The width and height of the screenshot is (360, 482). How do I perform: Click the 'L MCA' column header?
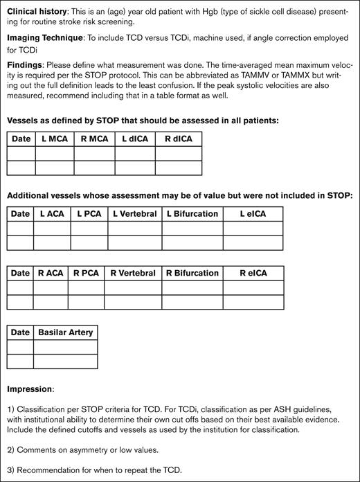tap(55, 139)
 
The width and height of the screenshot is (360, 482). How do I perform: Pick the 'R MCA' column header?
tap(94, 139)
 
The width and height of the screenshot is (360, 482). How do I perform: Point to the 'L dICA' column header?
tap(135, 139)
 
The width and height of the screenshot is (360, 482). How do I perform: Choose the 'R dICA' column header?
tap(179, 139)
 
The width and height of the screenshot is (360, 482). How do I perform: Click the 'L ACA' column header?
tap(51, 214)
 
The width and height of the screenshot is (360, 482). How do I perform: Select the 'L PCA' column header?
tap(89, 214)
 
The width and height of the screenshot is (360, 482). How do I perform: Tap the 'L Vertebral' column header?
tap(134, 214)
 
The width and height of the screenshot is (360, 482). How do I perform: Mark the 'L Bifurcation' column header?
tap(192, 214)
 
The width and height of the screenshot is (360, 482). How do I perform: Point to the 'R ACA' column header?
tap(51, 273)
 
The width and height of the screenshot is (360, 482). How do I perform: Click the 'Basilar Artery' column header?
tap(65, 332)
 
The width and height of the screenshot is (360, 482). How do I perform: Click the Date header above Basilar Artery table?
tap(21, 332)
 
